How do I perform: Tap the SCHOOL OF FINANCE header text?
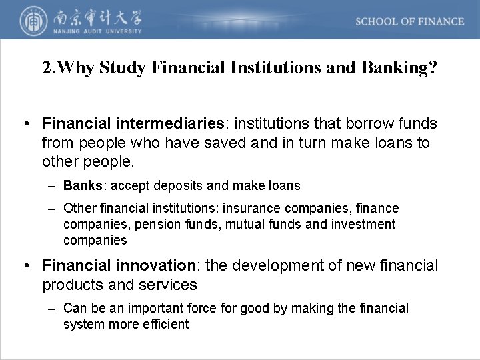pos(409,21)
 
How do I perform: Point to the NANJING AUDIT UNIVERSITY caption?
pos(95,31)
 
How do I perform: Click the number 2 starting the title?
pos(46,69)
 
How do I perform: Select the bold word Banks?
pos(81,185)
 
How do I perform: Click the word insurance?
pos(255,209)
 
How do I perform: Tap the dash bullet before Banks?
pos(53,185)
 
